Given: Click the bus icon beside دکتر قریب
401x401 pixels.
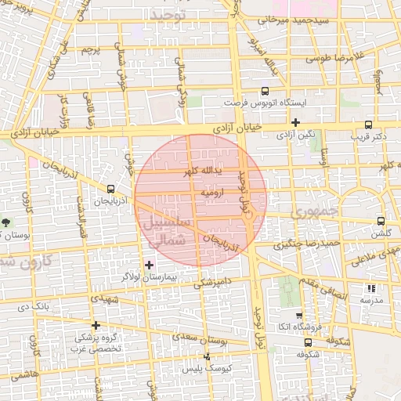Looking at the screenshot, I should pyautogui.click(x=369, y=125).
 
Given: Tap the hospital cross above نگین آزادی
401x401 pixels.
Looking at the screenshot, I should pyautogui.click(x=295, y=123).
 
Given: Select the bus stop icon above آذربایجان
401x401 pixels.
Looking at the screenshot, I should pyautogui.click(x=110, y=189).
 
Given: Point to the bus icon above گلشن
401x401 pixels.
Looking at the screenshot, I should pyautogui.click(x=381, y=222).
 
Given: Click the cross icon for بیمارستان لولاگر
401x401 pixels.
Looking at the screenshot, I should pyautogui.click(x=150, y=266).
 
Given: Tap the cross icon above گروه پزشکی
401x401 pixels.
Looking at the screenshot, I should pyautogui.click(x=96, y=325).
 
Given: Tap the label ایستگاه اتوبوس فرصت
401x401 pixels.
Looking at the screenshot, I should pyautogui.click(x=265, y=103).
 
